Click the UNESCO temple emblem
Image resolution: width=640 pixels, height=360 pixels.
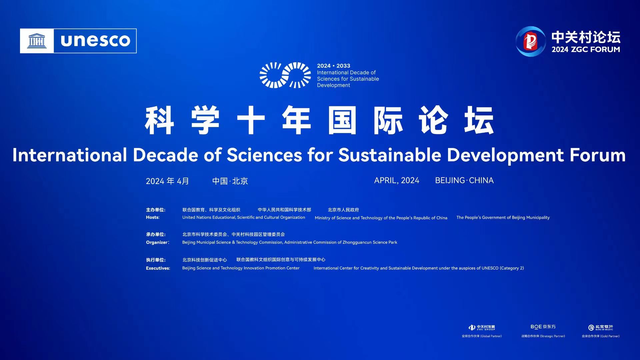tap(37, 41)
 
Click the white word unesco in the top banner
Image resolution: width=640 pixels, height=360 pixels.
tap(95, 40)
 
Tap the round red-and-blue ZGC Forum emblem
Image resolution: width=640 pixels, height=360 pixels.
tap(531, 41)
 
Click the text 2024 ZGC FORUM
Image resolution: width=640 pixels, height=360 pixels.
tap(586, 49)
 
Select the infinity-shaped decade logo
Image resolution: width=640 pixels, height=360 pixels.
tap(285, 75)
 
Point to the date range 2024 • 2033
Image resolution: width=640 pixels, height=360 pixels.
tap(333, 66)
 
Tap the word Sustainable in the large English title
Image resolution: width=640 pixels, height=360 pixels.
tap(390, 155)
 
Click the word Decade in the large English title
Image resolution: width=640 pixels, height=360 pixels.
tap(165, 155)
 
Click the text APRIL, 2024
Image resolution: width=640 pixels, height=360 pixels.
tap(397, 180)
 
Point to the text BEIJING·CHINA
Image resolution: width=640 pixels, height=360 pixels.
tap(464, 180)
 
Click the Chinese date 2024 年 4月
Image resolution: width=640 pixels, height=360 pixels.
tap(167, 181)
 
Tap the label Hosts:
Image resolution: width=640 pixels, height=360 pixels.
tap(153, 217)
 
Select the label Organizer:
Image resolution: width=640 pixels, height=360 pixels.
tap(158, 242)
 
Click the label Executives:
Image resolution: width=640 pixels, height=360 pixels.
tap(158, 268)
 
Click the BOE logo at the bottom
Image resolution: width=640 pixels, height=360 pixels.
tap(543, 327)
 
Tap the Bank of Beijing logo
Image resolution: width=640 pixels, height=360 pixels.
tap(601, 328)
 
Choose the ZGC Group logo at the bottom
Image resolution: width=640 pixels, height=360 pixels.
tap(482, 328)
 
